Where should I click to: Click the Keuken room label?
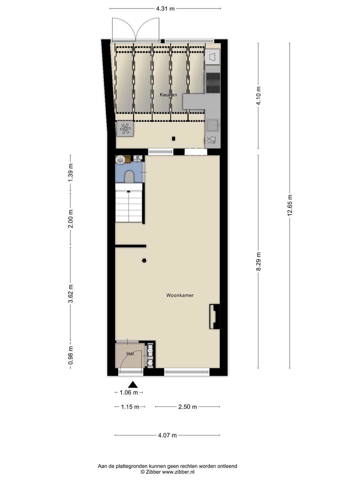168,95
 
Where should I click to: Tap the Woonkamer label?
180,295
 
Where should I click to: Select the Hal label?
130,354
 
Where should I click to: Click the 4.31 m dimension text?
165,9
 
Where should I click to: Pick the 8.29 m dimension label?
258,261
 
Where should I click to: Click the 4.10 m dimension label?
258,96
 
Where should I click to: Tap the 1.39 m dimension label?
70,173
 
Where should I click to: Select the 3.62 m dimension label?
70,294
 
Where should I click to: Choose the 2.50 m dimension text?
188,407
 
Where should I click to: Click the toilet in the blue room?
129,176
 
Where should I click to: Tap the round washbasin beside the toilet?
120,160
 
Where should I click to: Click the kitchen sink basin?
213,125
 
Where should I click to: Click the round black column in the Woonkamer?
144,260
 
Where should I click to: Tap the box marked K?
138,157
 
